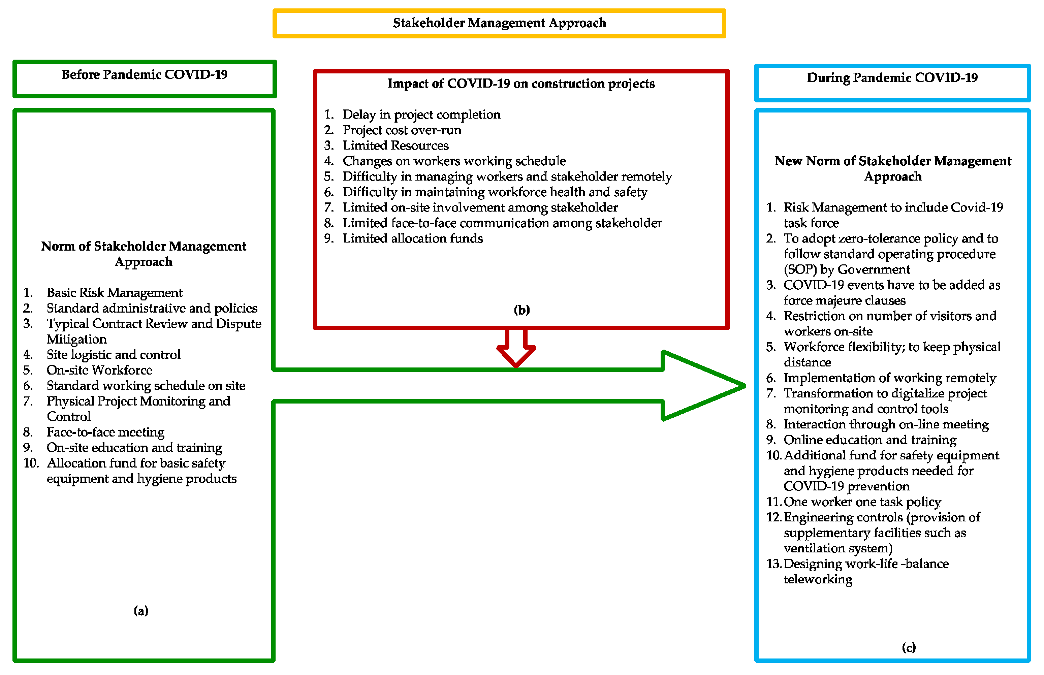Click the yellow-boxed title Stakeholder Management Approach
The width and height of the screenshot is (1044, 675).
click(x=499, y=23)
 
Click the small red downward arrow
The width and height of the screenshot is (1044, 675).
click(x=516, y=349)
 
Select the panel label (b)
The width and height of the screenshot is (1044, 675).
click(x=521, y=310)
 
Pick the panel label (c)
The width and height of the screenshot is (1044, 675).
click(x=908, y=647)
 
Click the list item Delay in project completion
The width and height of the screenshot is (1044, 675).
click(x=421, y=115)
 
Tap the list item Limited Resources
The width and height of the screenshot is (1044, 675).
click(x=396, y=146)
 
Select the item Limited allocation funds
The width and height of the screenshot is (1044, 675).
click(x=412, y=238)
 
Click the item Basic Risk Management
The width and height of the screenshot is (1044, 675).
click(x=115, y=293)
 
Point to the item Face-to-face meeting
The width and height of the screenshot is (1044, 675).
click(x=105, y=432)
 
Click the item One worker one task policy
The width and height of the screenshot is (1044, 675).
click(x=862, y=502)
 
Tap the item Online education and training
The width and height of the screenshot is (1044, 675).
click(x=869, y=440)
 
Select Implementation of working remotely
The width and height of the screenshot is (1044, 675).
click(x=889, y=378)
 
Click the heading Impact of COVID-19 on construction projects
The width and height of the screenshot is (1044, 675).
click(x=521, y=84)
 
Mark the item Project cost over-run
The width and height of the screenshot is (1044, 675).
click(x=402, y=130)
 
